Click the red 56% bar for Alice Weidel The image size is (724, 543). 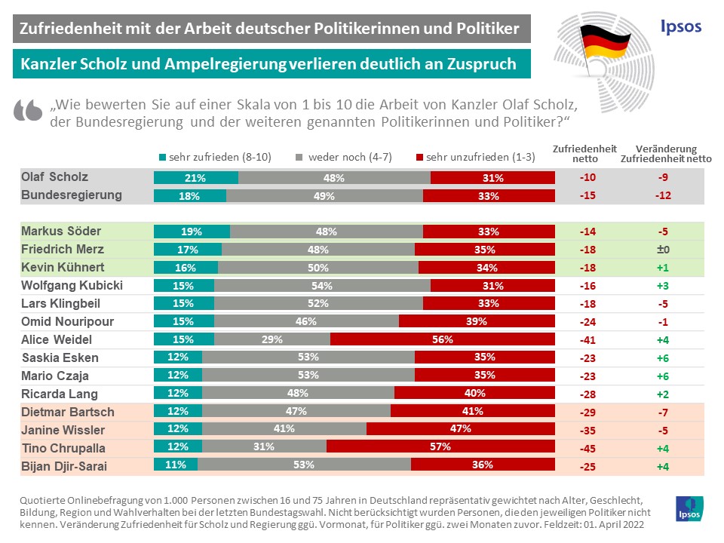(x=443, y=339)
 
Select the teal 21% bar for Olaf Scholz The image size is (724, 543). (x=196, y=178)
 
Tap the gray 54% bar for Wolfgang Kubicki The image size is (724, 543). (x=322, y=286)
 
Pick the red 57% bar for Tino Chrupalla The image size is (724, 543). (x=440, y=447)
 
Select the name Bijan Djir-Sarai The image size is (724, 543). (x=64, y=466)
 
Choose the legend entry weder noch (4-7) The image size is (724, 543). (x=342, y=158)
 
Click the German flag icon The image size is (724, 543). (x=603, y=41)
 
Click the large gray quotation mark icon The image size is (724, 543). (x=28, y=111)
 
